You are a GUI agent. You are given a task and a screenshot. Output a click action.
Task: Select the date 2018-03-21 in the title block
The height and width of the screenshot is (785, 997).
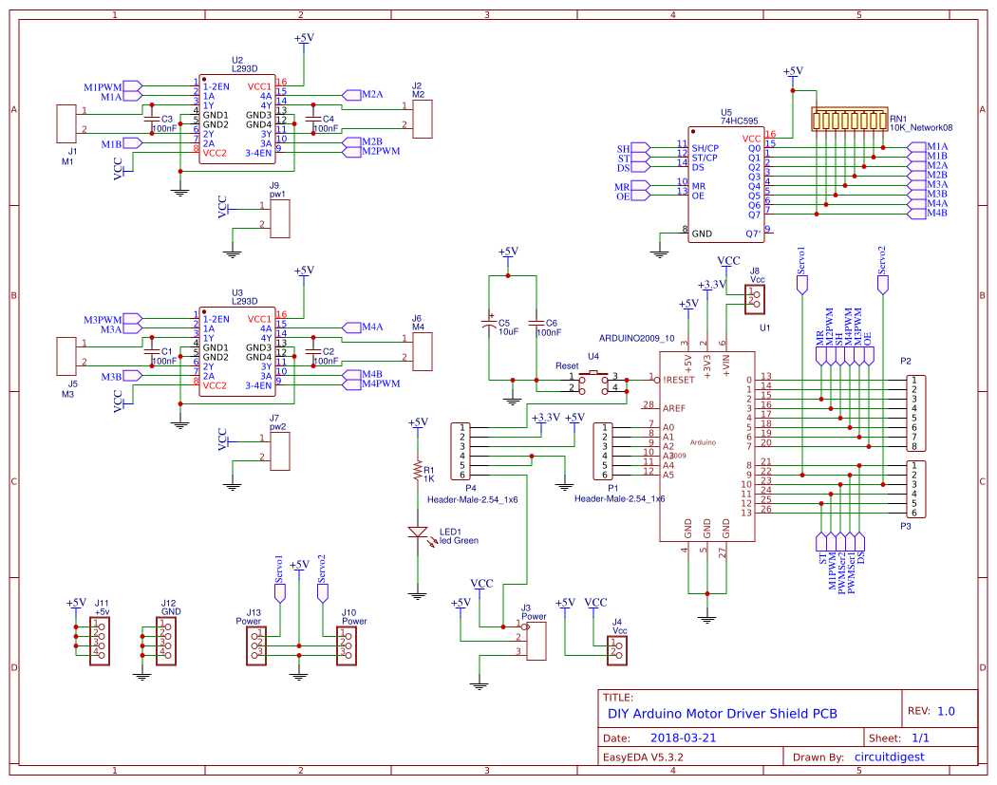(684, 738)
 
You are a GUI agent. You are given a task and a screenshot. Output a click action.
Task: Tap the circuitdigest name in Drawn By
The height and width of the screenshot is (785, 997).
(889, 757)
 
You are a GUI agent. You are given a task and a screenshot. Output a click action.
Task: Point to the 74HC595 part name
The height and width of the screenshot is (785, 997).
(739, 121)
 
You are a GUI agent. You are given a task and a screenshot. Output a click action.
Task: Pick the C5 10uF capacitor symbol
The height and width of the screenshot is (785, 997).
(490, 325)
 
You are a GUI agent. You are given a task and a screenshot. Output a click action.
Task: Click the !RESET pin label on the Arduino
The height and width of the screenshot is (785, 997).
(680, 379)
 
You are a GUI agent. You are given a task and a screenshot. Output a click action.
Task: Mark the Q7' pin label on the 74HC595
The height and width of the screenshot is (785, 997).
(752, 233)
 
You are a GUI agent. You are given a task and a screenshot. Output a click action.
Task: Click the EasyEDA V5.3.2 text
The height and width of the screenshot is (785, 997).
(644, 757)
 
